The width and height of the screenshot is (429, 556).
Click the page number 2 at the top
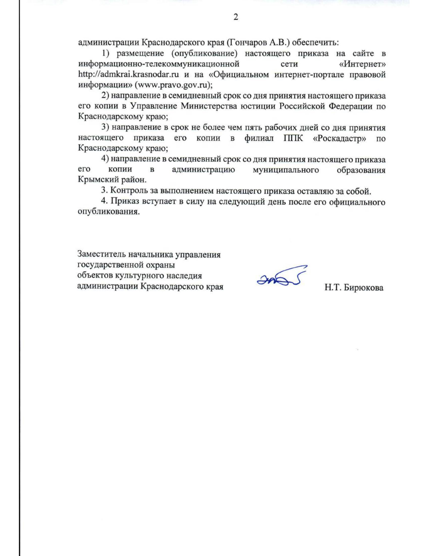[236, 17]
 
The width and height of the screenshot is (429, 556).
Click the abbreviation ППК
[293, 138]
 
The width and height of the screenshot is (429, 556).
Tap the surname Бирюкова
[364, 287]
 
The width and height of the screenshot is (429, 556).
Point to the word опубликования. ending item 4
[108, 212]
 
